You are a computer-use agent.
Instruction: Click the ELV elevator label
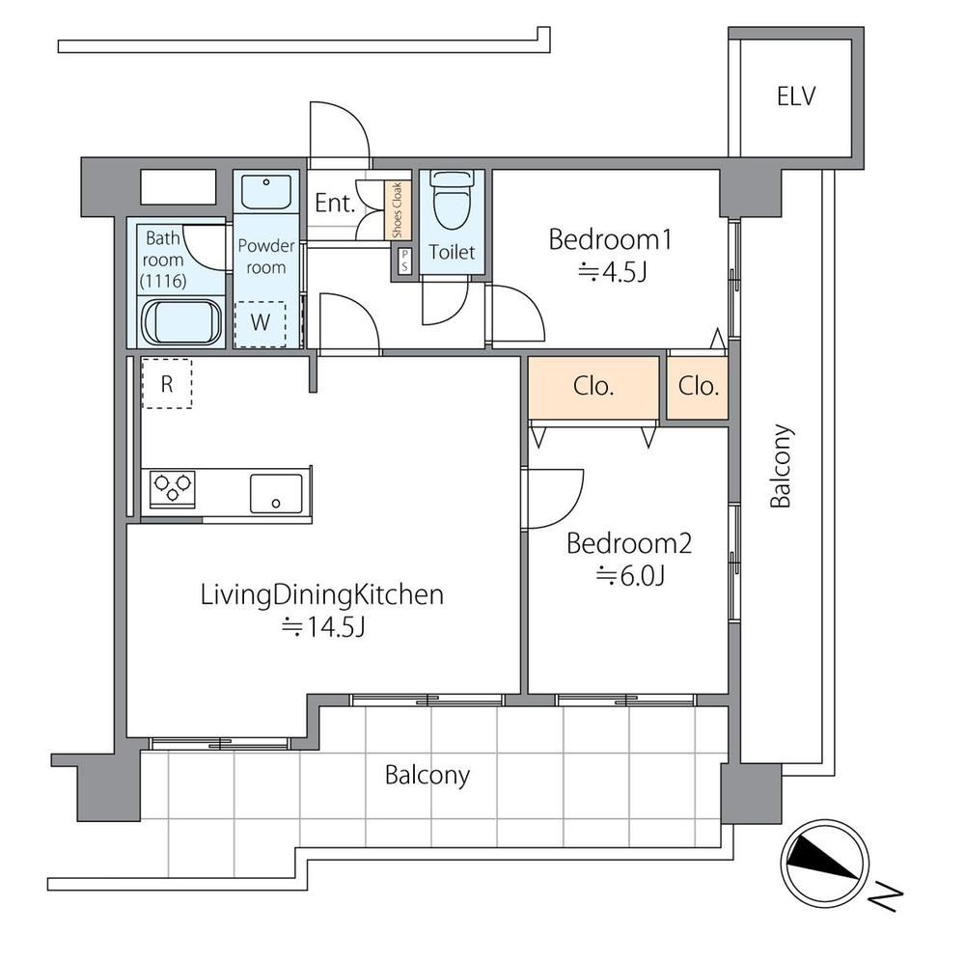pyautogui.click(x=796, y=96)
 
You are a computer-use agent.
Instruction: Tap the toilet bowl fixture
pyautogui.click(x=452, y=199)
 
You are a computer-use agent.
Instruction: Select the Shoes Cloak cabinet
pyautogui.click(x=398, y=209)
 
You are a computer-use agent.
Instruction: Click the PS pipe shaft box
pyautogui.click(x=404, y=261)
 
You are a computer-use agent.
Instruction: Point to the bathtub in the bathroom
pyautogui.click(x=181, y=322)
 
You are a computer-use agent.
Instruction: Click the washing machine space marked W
pyautogui.click(x=261, y=323)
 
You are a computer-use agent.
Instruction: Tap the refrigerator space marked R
pyautogui.click(x=167, y=384)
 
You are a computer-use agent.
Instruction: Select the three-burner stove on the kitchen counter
pyautogui.click(x=174, y=489)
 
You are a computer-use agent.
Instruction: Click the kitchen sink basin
pyautogui.click(x=276, y=493)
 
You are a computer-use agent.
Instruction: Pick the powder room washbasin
pyautogui.click(x=266, y=192)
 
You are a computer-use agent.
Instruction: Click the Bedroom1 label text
pyautogui.click(x=610, y=240)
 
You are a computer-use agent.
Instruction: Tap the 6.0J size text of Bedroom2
pyautogui.click(x=629, y=576)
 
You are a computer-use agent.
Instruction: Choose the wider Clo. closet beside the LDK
pyautogui.click(x=593, y=387)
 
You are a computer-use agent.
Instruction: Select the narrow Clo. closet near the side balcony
pyautogui.click(x=698, y=387)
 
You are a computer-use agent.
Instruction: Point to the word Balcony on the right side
pyautogui.click(x=781, y=466)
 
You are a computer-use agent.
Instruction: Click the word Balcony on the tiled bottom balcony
pyautogui.click(x=427, y=775)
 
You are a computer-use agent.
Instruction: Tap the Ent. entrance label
pyautogui.click(x=336, y=203)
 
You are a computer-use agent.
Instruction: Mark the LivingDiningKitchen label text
pyautogui.click(x=322, y=595)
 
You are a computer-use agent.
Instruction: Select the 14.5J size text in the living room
pyautogui.click(x=323, y=627)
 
